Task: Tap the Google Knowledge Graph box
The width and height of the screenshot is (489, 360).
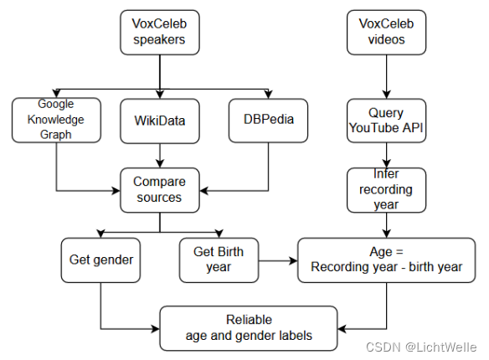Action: click(56, 120)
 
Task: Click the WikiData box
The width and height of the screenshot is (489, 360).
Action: click(159, 120)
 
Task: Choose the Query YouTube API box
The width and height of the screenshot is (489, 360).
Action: click(386, 120)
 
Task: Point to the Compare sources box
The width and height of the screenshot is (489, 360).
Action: click(159, 189)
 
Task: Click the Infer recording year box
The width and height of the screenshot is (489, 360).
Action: click(386, 189)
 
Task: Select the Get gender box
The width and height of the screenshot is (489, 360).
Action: click(100, 260)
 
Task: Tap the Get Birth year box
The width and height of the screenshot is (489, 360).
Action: click(219, 260)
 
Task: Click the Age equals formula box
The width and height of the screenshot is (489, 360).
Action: click(386, 260)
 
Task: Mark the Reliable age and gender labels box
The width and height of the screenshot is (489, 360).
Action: click(249, 327)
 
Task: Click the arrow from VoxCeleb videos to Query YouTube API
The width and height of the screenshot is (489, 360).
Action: click(386, 78)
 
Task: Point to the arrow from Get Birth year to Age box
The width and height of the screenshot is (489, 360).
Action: click(278, 260)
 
